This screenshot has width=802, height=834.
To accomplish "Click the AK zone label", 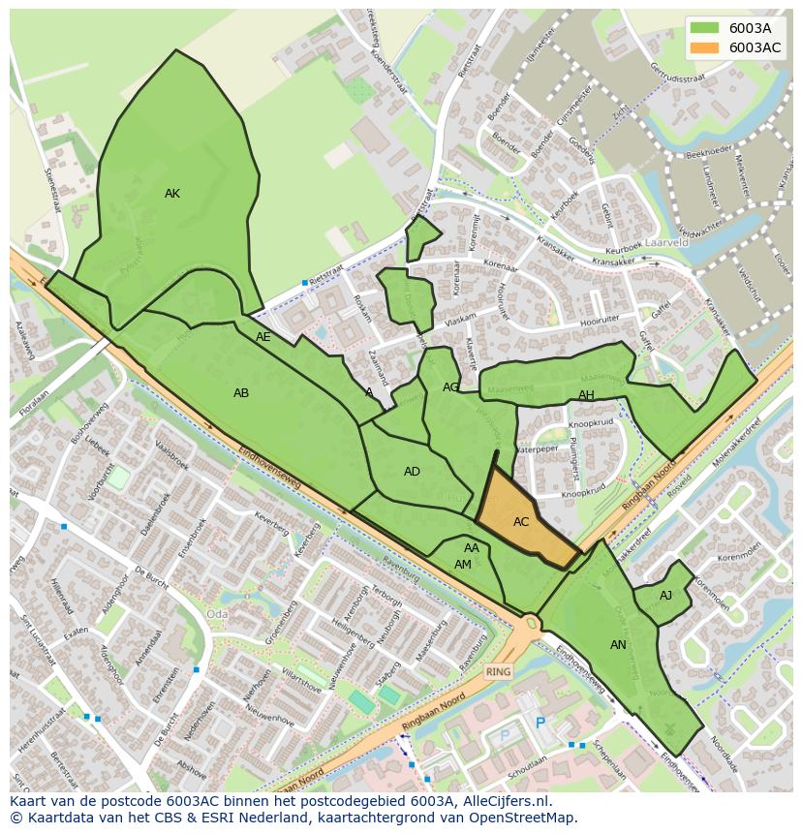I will tap(172, 194).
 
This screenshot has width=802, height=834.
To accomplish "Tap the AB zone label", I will tap(241, 393).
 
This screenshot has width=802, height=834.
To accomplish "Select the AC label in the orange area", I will tap(521, 522).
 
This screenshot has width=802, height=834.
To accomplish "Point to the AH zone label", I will tap(586, 395).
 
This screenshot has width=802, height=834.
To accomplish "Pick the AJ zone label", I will tap(665, 596).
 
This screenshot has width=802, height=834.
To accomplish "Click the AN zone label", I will tap(618, 645).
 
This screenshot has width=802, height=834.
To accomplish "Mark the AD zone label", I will tap(413, 472).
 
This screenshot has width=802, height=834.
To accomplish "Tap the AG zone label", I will tap(450, 387).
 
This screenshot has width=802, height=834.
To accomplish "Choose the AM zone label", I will tap(463, 565).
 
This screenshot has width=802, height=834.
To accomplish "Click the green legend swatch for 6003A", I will tap(705, 28).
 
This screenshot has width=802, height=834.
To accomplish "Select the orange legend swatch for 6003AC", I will tap(705, 47).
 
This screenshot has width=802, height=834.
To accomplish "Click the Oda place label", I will tap(217, 614).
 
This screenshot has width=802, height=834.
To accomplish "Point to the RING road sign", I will tap(498, 671).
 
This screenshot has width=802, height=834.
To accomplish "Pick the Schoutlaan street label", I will tap(526, 763).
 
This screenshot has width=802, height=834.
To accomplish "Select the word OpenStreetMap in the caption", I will tap(523, 818).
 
